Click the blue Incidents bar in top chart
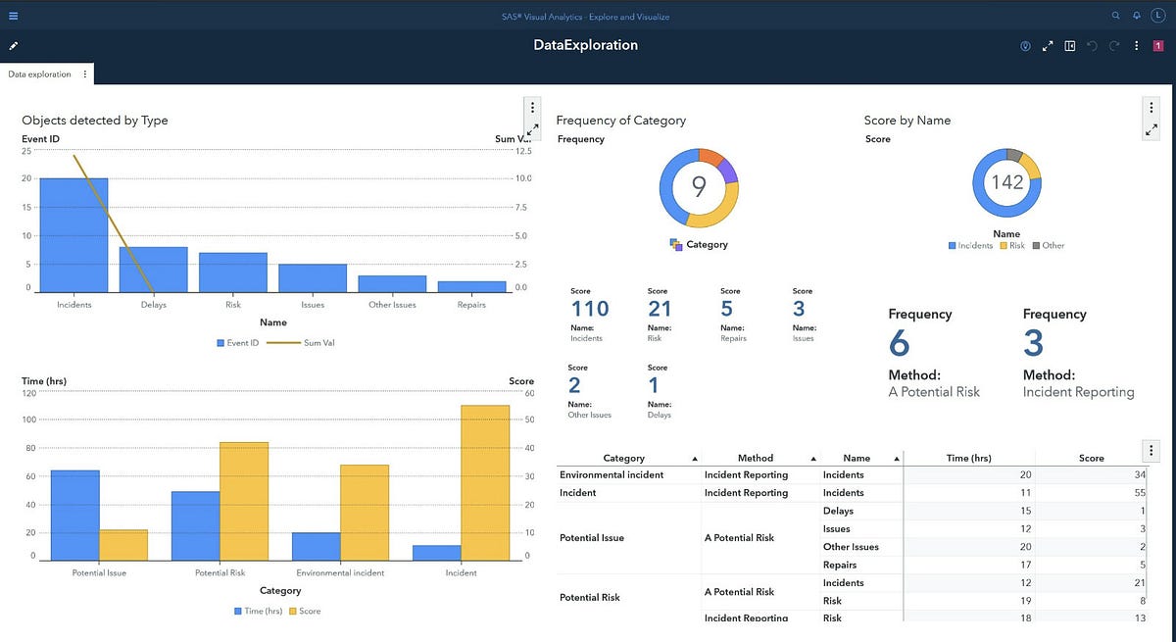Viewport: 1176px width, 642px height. (73, 235)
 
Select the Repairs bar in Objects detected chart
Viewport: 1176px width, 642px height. (471, 286)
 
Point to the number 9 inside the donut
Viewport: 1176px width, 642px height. (698, 185)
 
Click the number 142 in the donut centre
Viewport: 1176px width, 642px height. (1006, 182)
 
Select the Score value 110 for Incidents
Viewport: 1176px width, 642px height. (589, 309)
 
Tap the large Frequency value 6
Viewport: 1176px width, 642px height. (900, 343)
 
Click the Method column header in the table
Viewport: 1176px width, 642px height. (755, 458)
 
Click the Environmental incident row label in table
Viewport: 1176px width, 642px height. (612, 475)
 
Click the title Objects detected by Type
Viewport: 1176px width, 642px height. (95, 121)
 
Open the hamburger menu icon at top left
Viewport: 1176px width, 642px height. (13, 16)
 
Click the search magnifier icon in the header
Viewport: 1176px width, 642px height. (1115, 16)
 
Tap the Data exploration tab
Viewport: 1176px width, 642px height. (39, 74)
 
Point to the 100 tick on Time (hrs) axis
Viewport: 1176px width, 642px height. (29, 420)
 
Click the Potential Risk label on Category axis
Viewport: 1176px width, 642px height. (220, 572)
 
